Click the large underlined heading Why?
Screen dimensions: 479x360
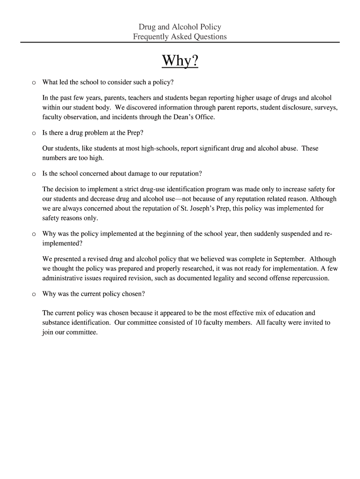click(180, 61)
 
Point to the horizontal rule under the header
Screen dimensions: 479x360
click(180, 42)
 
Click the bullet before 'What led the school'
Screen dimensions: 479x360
click(33, 82)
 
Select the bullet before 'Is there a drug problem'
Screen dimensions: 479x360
click(33, 133)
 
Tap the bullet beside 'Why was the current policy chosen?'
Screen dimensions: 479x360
click(33, 294)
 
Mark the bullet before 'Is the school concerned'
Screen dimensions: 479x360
click(33, 174)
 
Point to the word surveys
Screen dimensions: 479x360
click(325, 108)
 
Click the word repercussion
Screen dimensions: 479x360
click(308, 278)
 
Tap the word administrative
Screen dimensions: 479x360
click(63, 278)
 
